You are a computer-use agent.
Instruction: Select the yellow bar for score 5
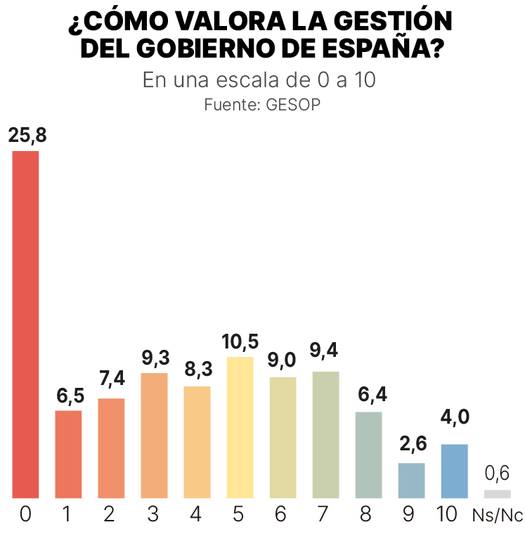(240, 428)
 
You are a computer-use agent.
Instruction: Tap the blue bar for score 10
(455, 471)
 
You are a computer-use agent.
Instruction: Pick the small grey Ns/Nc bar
(498, 493)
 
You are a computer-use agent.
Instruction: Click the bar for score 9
(412, 481)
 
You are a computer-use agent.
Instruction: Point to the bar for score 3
(155, 436)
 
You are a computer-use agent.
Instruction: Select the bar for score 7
(326, 435)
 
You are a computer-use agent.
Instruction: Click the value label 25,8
(27, 136)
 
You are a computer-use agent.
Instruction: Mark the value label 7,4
(112, 379)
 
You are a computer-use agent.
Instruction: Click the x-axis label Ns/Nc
(498, 516)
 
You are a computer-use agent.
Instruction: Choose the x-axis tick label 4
(195, 515)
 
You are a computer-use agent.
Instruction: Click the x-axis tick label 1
(67, 515)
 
